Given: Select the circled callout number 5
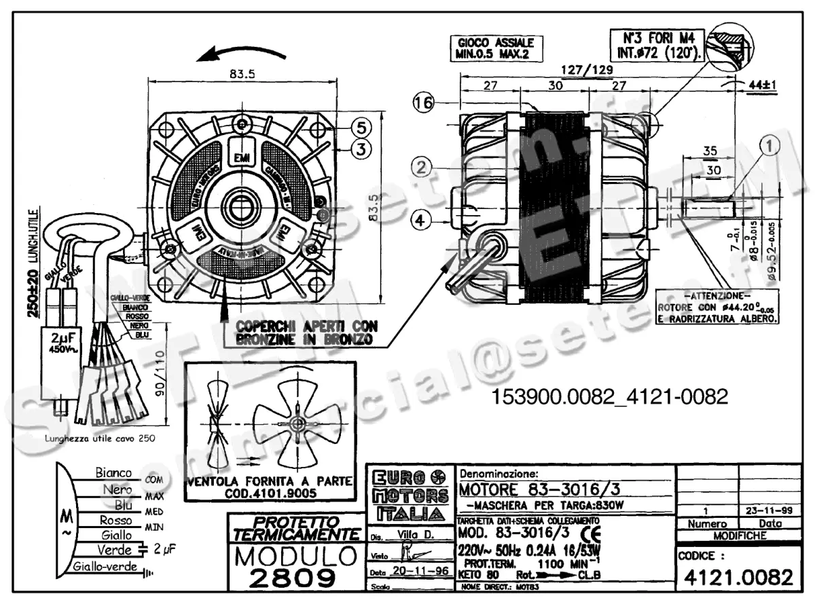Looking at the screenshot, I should (361, 127).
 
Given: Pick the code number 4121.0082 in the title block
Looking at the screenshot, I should (737, 578).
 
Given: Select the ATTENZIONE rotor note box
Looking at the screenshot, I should (717, 307).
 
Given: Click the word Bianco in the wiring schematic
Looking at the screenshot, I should (113, 472).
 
